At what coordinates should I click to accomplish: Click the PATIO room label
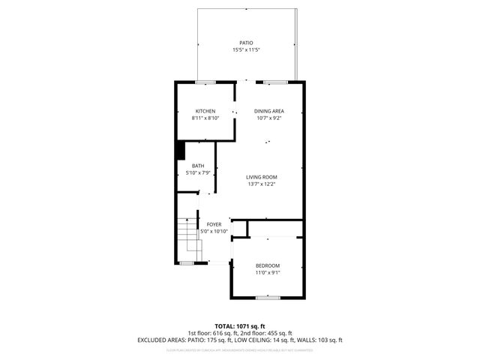[246, 43]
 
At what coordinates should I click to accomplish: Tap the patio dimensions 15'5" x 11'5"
[246, 50]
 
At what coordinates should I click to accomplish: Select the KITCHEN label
[205, 111]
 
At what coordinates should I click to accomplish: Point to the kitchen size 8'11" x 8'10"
[205, 118]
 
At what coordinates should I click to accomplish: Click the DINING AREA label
[268, 111]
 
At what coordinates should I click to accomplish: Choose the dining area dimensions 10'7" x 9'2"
[268, 118]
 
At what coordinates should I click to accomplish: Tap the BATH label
[198, 166]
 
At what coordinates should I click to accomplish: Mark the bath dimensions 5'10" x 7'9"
[198, 172]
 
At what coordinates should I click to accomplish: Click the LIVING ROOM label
[262, 177]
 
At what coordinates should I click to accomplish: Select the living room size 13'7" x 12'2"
[262, 184]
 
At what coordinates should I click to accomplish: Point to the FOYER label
[214, 224]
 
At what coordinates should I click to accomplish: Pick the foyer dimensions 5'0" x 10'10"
[214, 231]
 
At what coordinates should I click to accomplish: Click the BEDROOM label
[268, 265]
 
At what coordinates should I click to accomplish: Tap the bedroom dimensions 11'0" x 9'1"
[268, 272]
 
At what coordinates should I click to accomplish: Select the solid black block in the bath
[180, 150]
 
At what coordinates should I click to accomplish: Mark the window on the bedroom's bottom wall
[268, 298]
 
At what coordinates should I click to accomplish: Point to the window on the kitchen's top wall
[205, 81]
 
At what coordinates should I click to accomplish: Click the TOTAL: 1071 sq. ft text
[240, 326]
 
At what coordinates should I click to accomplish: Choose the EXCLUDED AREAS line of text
[240, 340]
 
